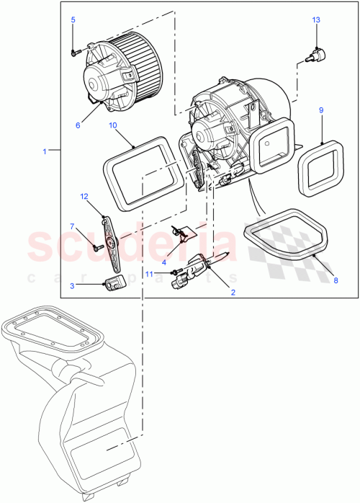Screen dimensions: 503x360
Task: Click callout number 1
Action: (45, 151)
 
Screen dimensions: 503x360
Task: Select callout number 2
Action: (233, 292)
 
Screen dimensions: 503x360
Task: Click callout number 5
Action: (73, 20)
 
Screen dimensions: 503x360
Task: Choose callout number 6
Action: (77, 125)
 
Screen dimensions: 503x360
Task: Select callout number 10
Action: (113, 125)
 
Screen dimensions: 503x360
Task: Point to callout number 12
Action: (84, 196)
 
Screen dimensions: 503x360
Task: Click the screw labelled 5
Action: (74, 51)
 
